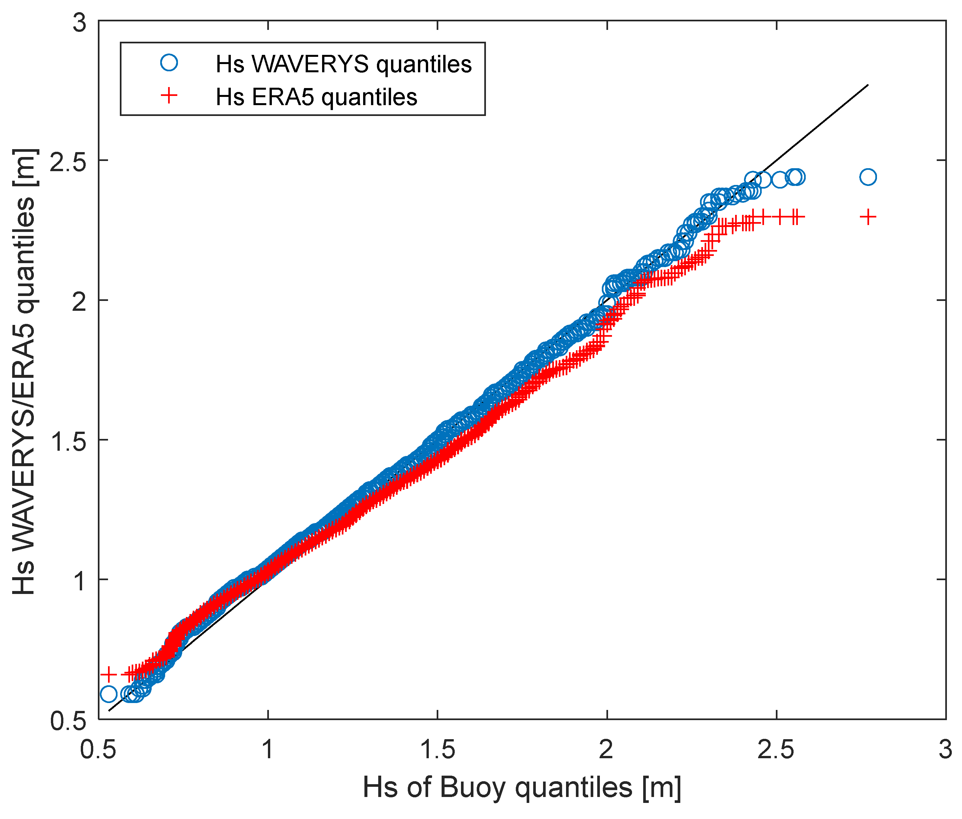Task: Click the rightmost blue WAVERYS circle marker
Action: pos(867,177)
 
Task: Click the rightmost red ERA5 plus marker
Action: pos(867,217)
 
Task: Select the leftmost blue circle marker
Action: pos(108,694)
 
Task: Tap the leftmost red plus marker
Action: pos(108,674)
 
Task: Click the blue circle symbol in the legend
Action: pos(169,63)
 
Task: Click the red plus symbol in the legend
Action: pos(169,96)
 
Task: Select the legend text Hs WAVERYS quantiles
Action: pos(343,64)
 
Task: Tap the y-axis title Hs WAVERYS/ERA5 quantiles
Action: pos(24,372)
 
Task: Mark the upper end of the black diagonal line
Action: pos(868,85)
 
